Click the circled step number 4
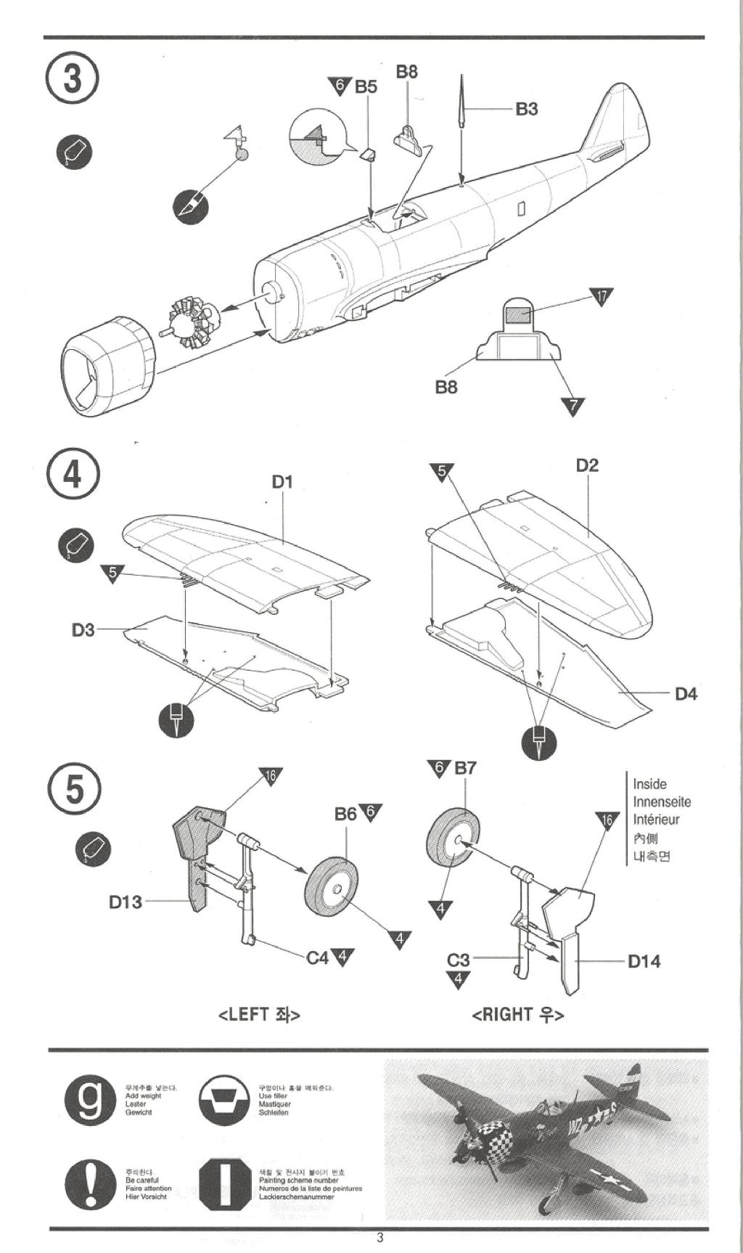coord(73,475)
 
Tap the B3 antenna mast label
coord(527,109)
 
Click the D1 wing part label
coord(282,481)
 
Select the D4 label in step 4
coord(686,694)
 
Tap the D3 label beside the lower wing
coord(83,629)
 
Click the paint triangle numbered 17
coord(602,296)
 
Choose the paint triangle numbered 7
coord(572,406)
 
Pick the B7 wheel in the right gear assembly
coord(453,840)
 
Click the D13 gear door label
coord(126,902)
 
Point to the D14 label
coord(644,961)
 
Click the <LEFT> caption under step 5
coord(259,1014)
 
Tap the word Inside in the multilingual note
coord(649,784)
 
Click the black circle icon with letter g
coord(90,1102)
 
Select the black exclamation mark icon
coord(90,1185)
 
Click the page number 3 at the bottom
coord(379,1238)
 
